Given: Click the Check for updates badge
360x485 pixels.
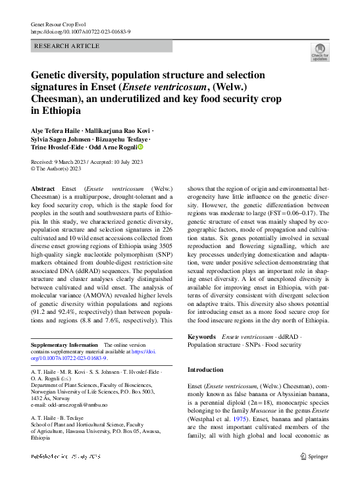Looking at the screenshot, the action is click(320, 52).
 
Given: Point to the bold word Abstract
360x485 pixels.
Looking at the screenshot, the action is click(43, 188).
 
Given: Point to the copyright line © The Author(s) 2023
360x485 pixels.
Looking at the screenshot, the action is click(57, 168).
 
